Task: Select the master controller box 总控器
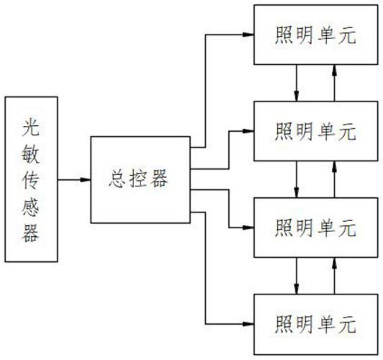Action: point(140,179)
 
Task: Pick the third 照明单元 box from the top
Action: point(315,227)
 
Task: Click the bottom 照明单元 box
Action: point(315,322)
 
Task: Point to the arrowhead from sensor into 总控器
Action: point(85,179)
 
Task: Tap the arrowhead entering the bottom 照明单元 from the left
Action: point(248,322)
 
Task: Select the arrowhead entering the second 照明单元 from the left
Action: point(248,130)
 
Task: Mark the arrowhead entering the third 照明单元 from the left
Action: point(248,227)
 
